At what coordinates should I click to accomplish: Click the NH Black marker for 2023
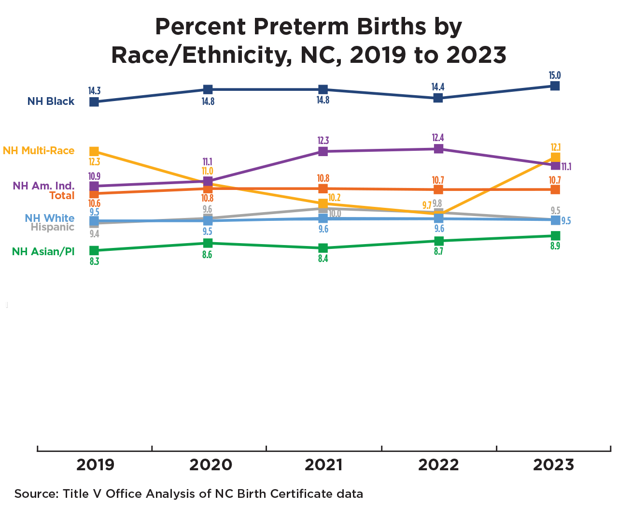coord(555,86)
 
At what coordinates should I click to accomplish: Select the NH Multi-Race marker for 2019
coord(94,152)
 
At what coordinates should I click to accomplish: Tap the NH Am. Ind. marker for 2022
coord(438,149)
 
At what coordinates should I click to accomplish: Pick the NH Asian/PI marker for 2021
coord(323,248)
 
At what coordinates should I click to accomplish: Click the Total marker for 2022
coord(438,189)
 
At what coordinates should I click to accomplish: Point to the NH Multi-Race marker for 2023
coord(555,158)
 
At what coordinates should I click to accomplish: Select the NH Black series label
coord(51,101)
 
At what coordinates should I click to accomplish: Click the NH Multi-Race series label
coord(39,151)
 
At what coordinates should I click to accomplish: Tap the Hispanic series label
coord(52,228)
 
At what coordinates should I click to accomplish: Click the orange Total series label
coord(62,196)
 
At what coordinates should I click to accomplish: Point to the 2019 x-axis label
coord(95,465)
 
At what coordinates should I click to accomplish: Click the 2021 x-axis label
coord(323,465)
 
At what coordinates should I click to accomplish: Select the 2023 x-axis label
coord(553,465)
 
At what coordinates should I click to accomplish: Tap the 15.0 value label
coord(555,76)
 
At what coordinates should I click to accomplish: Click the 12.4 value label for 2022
coord(438,138)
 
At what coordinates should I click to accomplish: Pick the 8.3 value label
coord(94,262)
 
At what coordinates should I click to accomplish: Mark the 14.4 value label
coord(438,87)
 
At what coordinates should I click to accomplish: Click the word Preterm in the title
coord(300,27)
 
